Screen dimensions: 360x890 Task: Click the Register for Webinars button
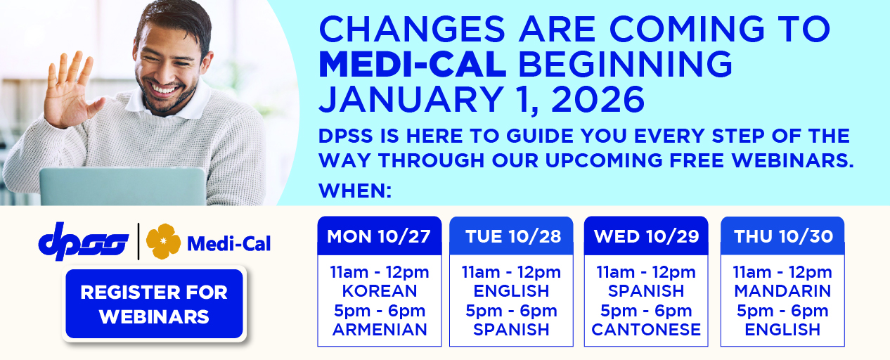[x=154, y=304]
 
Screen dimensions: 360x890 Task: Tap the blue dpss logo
[x=84, y=243]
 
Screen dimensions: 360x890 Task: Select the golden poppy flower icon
[x=163, y=241]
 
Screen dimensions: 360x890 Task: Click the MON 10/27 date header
[x=379, y=236]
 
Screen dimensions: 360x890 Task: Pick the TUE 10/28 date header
[x=513, y=236]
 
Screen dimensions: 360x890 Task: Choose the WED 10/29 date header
[x=646, y=236]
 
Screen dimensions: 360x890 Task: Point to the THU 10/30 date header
[x=782, y=236]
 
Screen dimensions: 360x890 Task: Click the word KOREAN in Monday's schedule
[x=379, y=291]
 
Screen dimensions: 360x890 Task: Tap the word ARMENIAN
[x=380, y=330]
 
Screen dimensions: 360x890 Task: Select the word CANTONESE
[x=646, y=330]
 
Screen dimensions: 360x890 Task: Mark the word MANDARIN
[x=782, y=291]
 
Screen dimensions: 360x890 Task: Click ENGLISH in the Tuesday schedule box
[x=511, y=291]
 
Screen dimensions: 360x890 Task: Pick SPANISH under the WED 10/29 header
[x=646, y=291]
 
